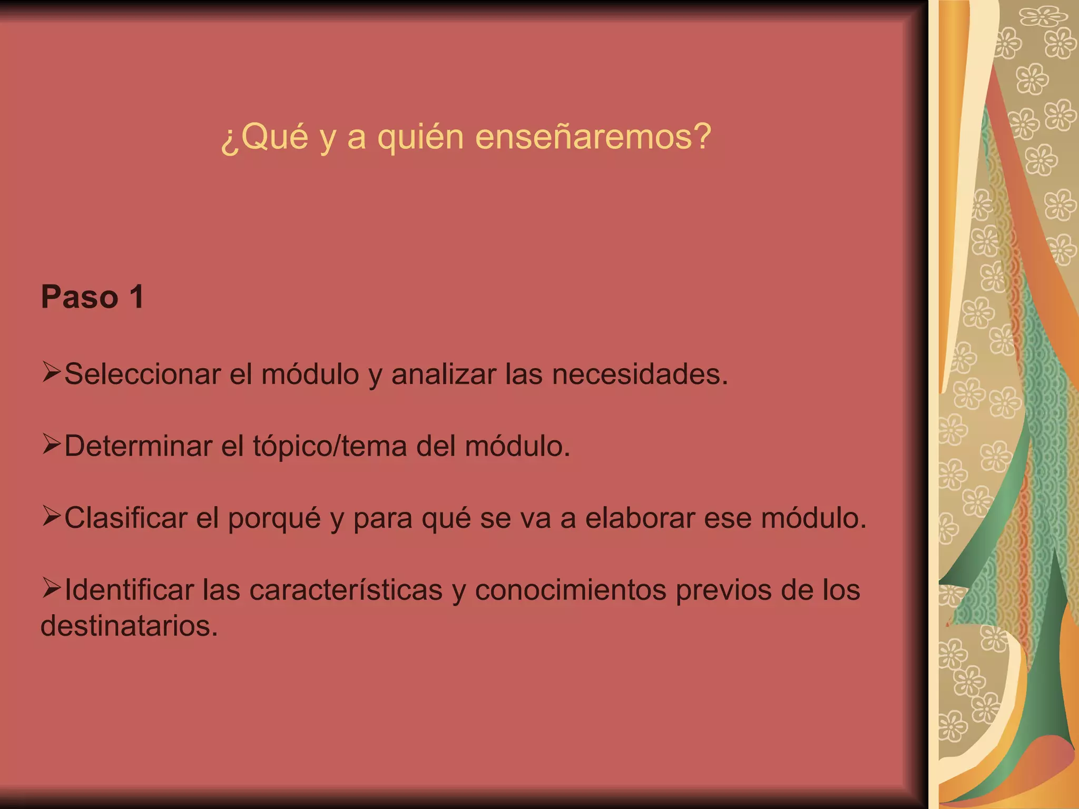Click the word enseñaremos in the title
point(593,137)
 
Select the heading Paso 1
point(92,297)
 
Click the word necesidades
point(640,374)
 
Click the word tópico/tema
point(330,447)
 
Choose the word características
point(346,590)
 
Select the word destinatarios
point(129,626)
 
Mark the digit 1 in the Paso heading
point(136,297)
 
